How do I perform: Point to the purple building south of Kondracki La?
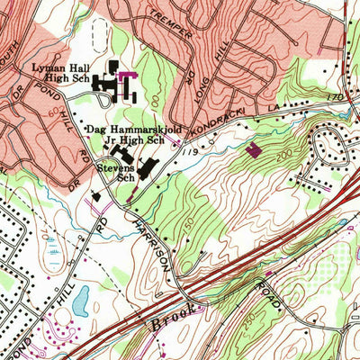[253, 149]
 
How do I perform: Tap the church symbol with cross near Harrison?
[95, 195]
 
